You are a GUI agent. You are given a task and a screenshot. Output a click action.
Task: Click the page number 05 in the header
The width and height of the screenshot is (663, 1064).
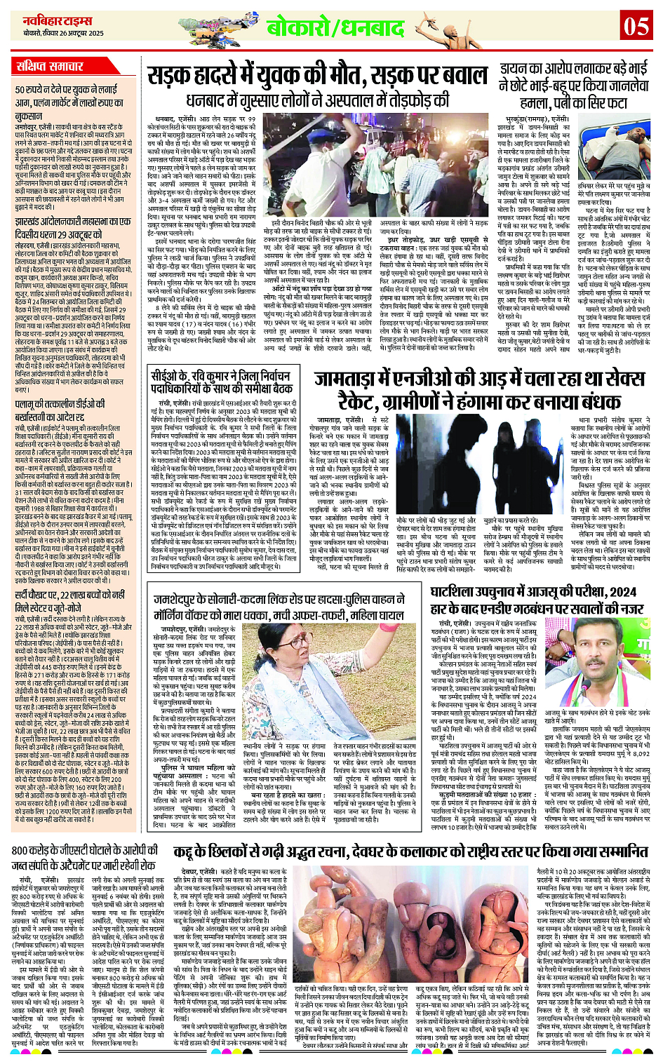click(636, 26)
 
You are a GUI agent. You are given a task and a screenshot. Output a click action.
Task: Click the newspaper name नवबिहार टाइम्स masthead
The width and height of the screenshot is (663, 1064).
click(53, 20)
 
